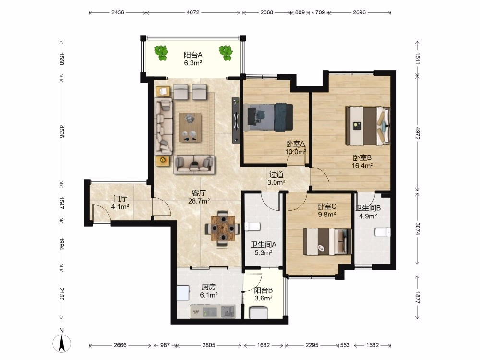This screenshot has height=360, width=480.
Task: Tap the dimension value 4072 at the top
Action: [x=193, y=12]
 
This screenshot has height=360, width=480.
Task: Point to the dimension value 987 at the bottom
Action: [x=165, y=345]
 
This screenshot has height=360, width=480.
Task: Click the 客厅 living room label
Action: [x=199, y=193]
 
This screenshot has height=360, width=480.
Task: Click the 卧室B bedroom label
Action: [x=362, y=157]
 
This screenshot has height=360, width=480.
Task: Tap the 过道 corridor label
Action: [x=276, y=175]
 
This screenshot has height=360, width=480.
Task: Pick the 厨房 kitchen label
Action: [x=209, y=287]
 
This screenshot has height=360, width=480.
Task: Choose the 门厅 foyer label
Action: [x=120, y=199]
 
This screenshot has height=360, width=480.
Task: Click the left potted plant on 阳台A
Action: [x=161, y=53]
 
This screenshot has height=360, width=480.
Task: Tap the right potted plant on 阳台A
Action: [x=226, y=53]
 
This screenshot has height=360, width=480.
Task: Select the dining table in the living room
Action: [x=223, y=228]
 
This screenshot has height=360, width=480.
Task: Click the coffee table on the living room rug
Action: [x=191, y=127]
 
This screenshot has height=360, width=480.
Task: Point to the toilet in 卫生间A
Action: [x=252, y=227]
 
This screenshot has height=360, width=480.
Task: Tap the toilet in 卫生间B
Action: [x=383, y=232]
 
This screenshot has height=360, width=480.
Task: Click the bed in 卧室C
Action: [x=327, y=242]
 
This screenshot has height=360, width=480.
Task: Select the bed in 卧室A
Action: [x=268, y=117]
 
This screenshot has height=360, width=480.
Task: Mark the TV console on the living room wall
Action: [x=235, y=120]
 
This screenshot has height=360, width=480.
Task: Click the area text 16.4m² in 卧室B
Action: [x=362, y=166]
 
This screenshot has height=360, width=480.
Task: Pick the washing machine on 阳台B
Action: [x=259, y=312]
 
